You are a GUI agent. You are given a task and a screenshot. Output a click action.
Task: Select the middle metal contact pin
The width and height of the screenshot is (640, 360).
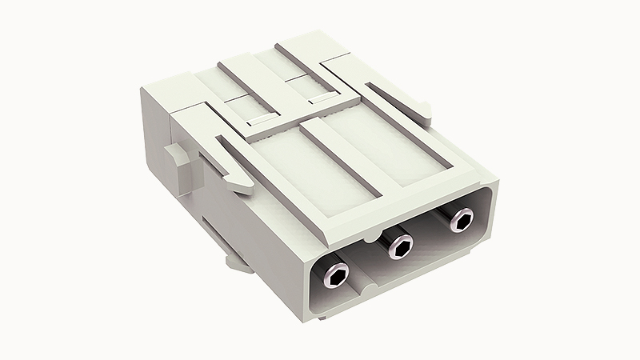click(398, 246)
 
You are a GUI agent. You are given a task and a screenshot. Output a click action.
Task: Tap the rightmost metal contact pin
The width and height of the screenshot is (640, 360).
click(460, 219)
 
